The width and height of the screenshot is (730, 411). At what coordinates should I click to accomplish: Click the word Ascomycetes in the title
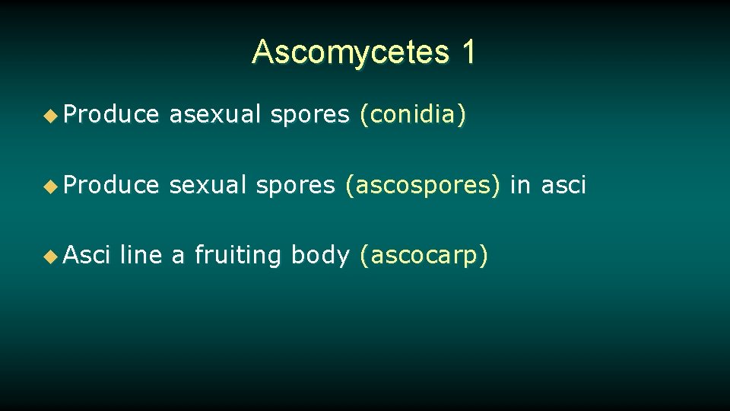point(351,53)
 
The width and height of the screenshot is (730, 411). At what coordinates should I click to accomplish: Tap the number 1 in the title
point(468,52)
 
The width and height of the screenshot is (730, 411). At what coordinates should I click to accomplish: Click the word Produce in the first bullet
point(111,115)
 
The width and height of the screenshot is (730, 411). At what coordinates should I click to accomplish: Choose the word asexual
point(214,115)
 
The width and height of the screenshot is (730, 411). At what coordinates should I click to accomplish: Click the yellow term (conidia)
point(413,116)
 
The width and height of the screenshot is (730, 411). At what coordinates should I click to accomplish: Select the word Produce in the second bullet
point(111,185)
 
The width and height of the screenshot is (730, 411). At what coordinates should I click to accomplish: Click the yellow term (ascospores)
point(423,186)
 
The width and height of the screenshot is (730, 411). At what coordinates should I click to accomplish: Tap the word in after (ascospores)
point(521,185)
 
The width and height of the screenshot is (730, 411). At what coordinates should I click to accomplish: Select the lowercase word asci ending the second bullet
point(563,185)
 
